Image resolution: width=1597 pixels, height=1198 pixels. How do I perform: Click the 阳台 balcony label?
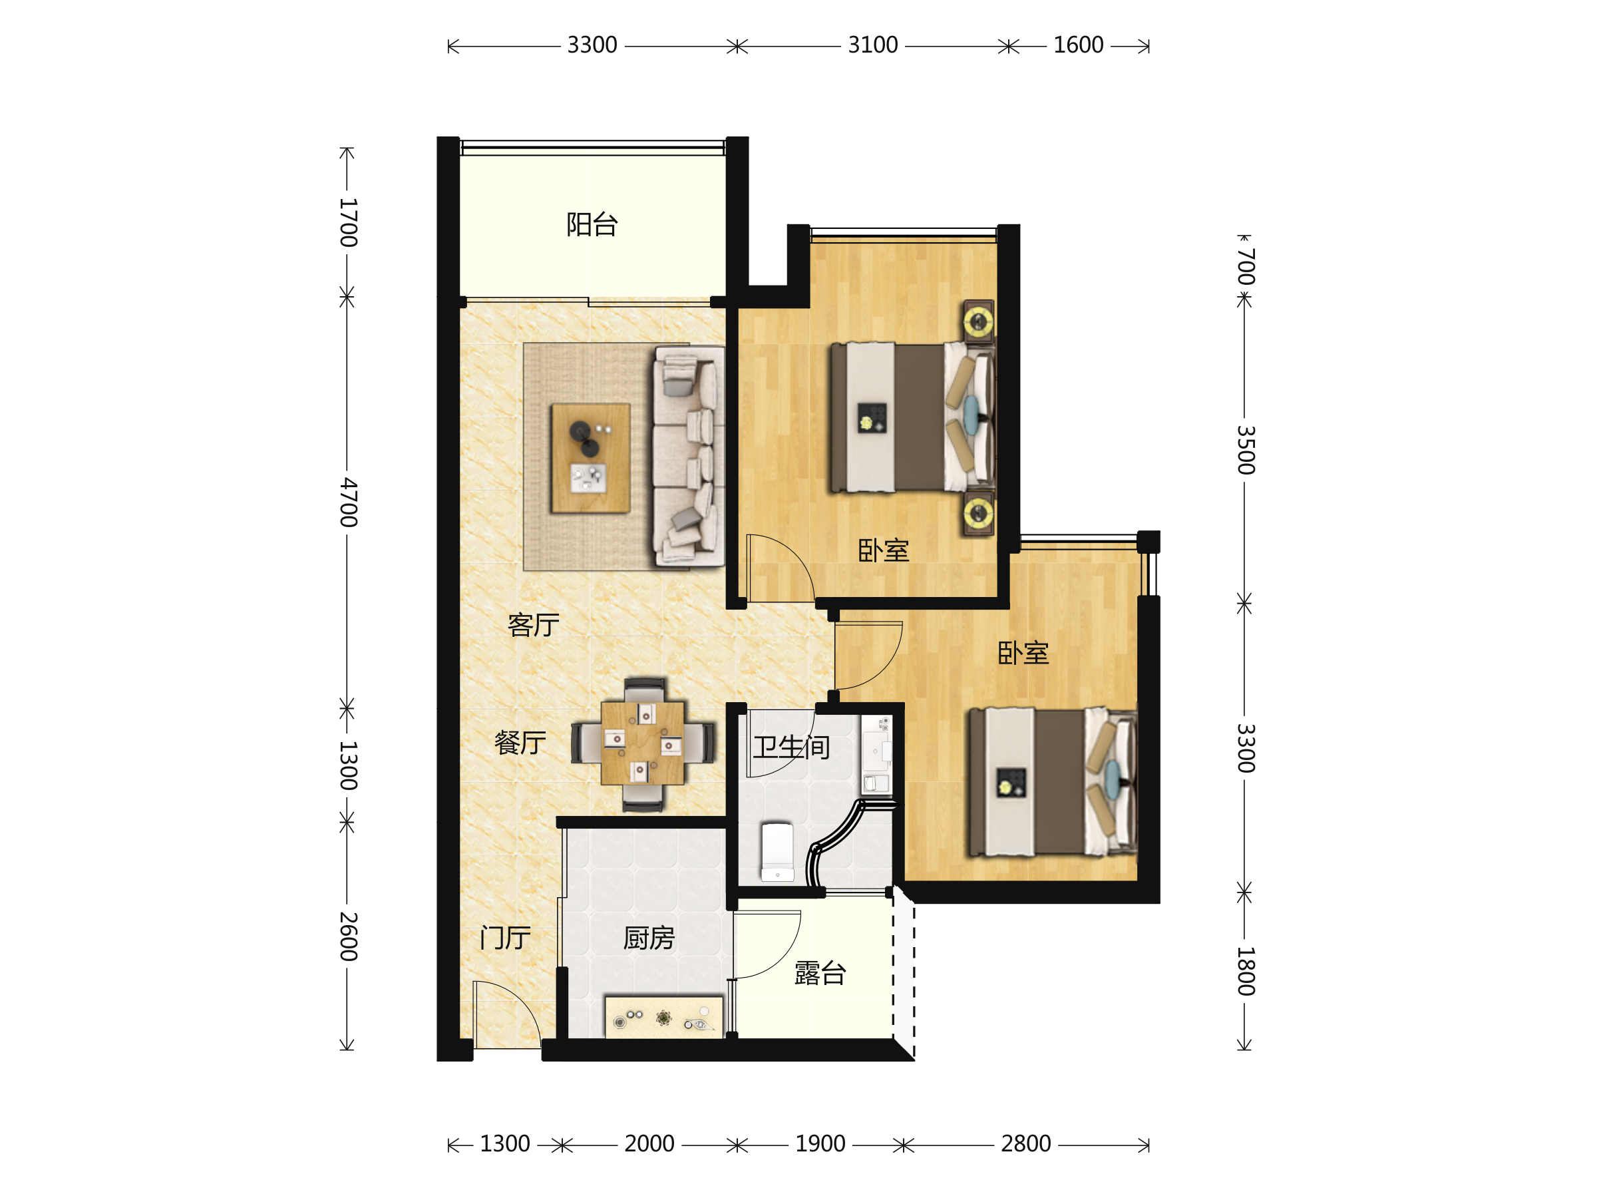[x=592, y=224]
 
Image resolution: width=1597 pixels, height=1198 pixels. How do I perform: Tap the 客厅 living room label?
[x=534, y=626]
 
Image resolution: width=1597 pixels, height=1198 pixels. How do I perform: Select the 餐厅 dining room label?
[x=520, y=743]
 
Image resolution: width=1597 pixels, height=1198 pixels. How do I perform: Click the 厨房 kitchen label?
[x=649, y=938]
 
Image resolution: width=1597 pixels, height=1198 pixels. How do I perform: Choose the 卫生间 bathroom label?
[x=791, y=747]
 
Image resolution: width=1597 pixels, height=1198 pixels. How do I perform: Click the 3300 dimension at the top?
[x=592, y=45]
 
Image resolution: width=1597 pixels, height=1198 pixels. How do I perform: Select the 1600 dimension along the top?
[x=1079, y=45]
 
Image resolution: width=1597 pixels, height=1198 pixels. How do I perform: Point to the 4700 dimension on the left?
[x=348, y=502]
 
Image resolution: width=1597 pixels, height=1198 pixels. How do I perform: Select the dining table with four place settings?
[x=643, y=744]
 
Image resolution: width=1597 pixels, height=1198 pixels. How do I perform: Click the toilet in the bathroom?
[x=778, y=853]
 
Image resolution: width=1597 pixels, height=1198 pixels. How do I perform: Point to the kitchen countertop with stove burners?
[x=663, y=1018]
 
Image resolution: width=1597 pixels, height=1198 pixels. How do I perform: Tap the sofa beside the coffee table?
[x=689, y=457]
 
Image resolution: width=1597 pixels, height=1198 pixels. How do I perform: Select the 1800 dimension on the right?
[x=1246, y=971]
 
